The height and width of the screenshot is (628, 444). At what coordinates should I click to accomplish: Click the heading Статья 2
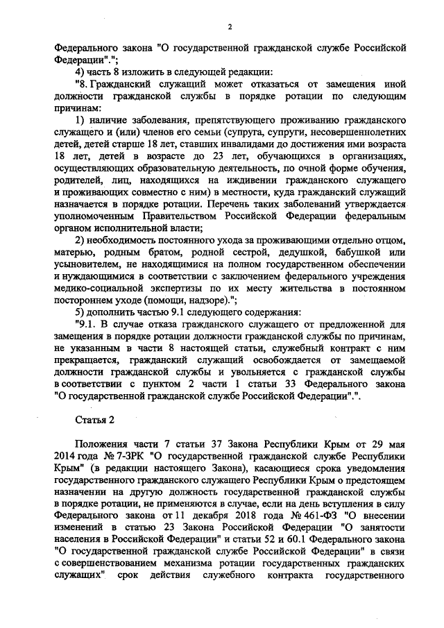(x=93, y=420)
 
